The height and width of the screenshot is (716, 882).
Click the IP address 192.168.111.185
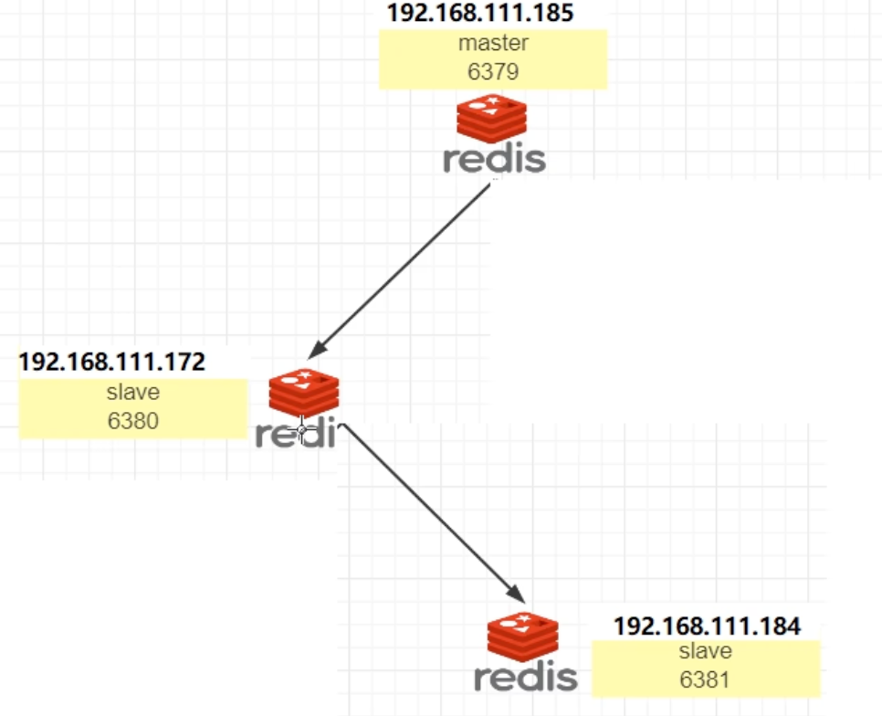[x=481, y=14]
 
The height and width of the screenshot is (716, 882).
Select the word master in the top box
[x=493, y=43]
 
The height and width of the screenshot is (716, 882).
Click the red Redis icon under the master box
[x=492, y=118]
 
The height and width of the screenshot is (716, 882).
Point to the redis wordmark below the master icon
[x=494, y=158]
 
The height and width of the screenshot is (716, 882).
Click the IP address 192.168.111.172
[x=111, y=361]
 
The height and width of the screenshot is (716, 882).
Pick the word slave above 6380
[x=133, y=393]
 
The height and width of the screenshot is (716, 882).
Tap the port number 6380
[x=133, y=421]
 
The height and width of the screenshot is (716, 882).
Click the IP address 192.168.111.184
[x=707, y=626]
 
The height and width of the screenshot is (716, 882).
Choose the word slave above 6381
[x=706, y=652]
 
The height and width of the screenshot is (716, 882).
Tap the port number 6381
[x=706, y=679]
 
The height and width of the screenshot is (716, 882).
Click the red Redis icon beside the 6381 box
[x=522, y=637]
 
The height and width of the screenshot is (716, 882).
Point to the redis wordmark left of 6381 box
[x=525, y=677]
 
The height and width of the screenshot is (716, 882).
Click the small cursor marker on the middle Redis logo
[x=301, y=426]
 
